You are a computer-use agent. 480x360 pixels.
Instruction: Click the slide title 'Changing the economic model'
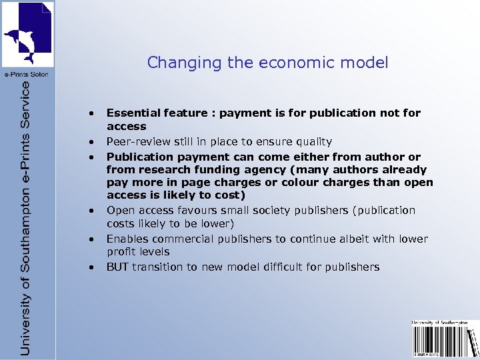click(267, 63)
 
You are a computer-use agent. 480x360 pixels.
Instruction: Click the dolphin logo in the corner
click(27, 33)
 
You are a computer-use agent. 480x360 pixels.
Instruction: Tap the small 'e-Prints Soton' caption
click(27, 74)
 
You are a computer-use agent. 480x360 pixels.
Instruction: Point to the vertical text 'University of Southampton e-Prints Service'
click(25, 217)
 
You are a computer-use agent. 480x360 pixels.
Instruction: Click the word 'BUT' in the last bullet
click(117, 267)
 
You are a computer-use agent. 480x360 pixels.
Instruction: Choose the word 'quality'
click(312, 141)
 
